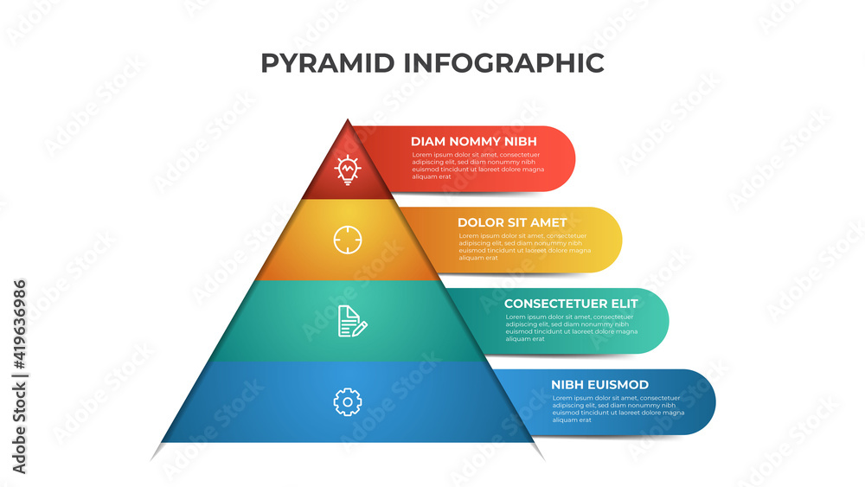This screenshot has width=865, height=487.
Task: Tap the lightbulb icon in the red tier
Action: [x=348, y=169]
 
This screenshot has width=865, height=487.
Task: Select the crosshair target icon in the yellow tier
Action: [x=348, y=239]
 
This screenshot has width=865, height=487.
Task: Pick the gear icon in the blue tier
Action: [x=347, y=401]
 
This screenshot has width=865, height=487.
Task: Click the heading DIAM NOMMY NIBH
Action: [x=473, y=141]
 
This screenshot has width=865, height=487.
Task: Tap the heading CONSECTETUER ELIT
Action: [x=571, y=304]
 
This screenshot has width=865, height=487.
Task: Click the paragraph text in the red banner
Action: [x=477, y=165]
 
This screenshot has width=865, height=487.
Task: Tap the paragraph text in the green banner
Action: [x=571, y=328]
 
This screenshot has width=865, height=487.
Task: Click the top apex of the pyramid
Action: [x=348, y=121]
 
